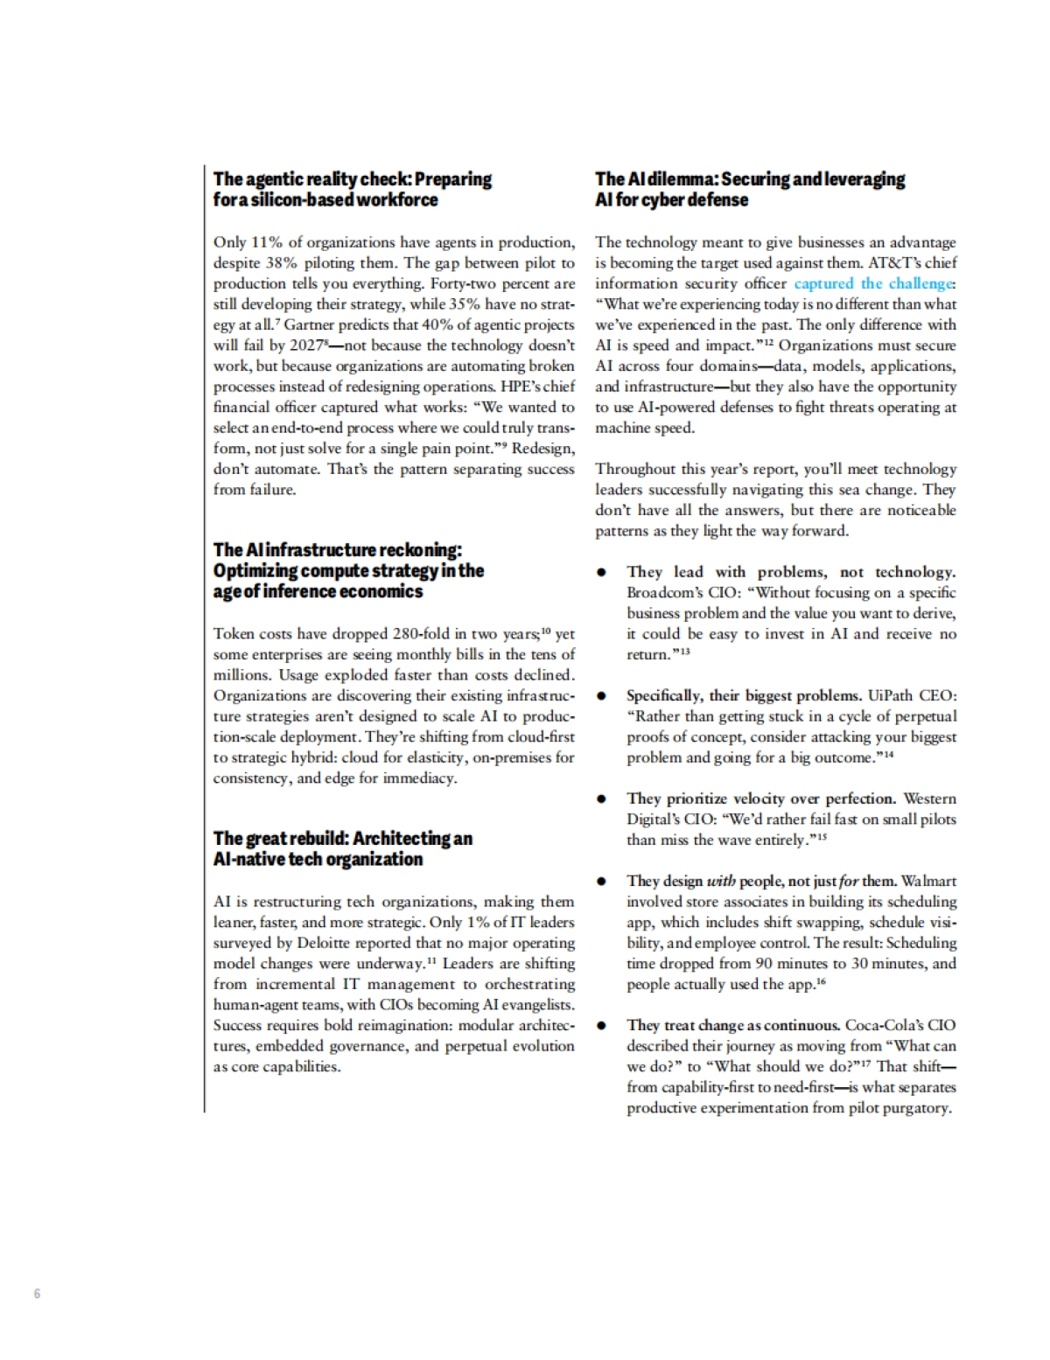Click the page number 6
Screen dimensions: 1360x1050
tap(37, 1294)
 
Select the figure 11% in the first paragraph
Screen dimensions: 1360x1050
tap(266, 242)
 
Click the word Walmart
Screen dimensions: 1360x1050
tap(928, 881)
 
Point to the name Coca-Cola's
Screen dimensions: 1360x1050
tap(884, 1025)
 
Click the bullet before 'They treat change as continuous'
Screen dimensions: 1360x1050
tap(602, 1025)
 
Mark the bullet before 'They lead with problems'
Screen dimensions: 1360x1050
tap(602, 572)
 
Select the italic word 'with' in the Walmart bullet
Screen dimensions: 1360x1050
tap(721, 881)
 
